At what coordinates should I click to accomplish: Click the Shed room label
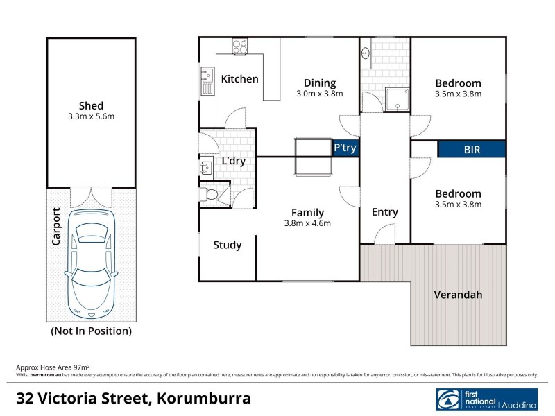pos(91,105)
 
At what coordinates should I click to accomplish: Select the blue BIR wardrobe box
pos(472,149)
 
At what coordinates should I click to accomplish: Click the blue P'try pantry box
pos(345,148)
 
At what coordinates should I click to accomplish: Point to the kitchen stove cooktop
pos(240,46)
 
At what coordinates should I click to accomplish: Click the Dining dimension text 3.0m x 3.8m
pos(320,94)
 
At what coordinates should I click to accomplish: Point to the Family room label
pos(307,212)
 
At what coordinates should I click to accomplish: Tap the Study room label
pos(227,245)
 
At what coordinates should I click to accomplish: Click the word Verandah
pos(458,295)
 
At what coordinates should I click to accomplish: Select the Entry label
pos(384,212)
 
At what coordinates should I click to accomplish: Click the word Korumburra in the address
pos(204,399)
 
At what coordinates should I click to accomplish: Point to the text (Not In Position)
pos(91,331)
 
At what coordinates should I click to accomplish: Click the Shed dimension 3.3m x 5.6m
pos(91,116)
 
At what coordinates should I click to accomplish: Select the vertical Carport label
pos(57,227)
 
